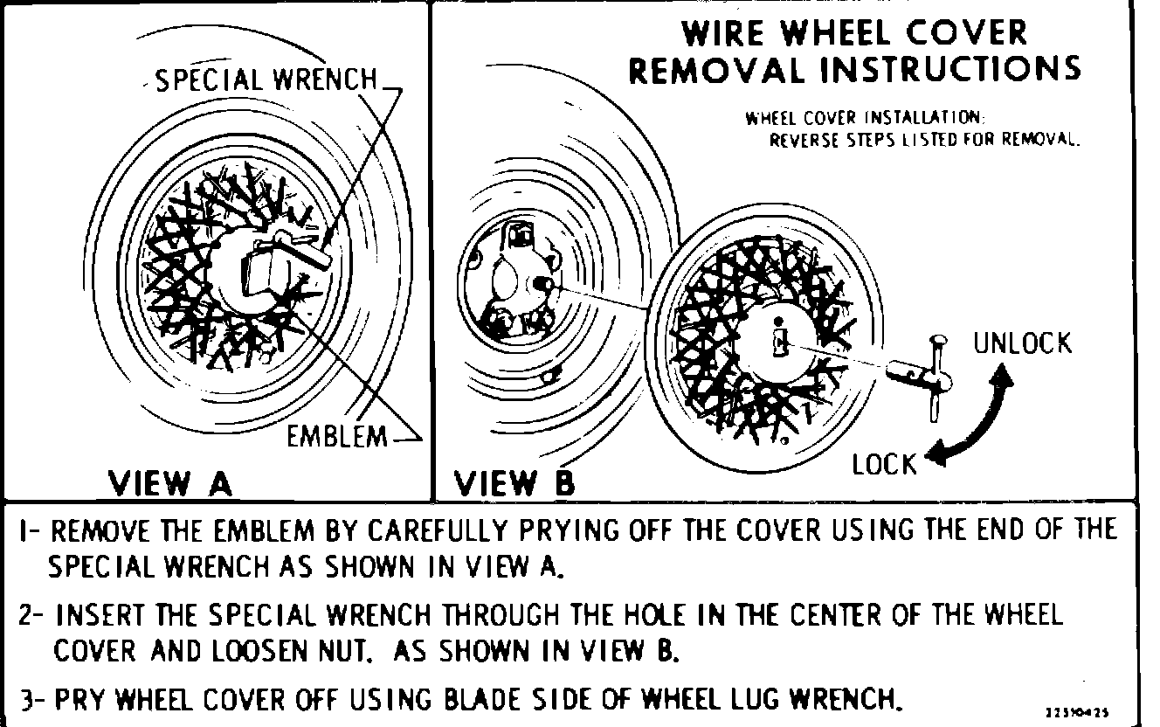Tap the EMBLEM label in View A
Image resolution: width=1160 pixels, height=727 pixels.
336,436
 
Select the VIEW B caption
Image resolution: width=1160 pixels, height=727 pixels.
514,482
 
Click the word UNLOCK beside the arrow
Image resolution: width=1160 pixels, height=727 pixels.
1022,343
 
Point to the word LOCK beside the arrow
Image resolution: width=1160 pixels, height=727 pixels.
885,464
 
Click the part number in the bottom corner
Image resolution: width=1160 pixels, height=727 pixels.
1081,711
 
